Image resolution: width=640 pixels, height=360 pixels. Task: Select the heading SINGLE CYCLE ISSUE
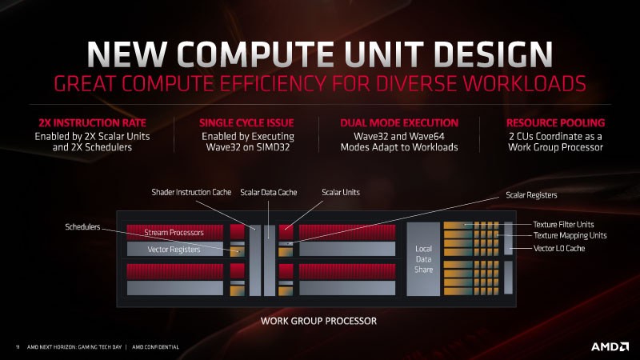coord(246,123)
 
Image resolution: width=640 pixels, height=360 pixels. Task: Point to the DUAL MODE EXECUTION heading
coord(398,123)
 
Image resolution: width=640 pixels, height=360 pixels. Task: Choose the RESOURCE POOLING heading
coord(554,123)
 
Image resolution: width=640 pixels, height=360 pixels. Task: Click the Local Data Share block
coord(423,259)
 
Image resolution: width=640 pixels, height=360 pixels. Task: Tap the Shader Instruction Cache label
coord(190,193)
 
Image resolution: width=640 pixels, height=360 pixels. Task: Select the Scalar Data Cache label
coord(269,193)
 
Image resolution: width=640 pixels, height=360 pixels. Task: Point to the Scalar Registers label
coord(531,194)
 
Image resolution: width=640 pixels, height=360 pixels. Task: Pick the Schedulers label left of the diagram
coord(82,227)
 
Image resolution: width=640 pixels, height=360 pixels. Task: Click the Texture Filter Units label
coord(569,224)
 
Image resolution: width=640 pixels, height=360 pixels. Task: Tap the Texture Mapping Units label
coord(570,235)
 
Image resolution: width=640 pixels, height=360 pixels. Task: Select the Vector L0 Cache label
coord(559,249)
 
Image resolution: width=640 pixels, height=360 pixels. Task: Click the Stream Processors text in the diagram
coord(174,233)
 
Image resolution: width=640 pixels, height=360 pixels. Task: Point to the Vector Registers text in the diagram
coord(174,250)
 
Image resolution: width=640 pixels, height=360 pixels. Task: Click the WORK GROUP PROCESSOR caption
coord(318,321)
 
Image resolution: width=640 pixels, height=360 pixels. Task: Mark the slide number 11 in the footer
coord(17,346)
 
